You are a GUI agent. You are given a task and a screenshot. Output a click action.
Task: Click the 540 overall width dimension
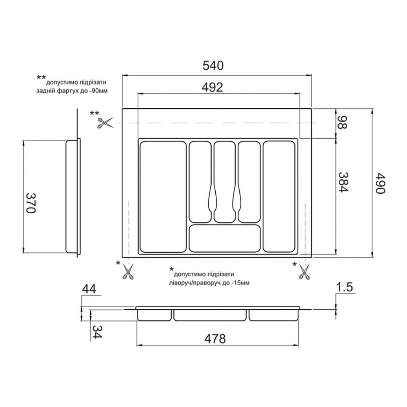(213, 66)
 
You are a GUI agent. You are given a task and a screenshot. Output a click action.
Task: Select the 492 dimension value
(212, 88)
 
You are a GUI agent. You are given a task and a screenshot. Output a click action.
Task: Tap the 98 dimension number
(342, 123)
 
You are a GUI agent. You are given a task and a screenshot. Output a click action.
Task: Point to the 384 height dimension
(343, 182)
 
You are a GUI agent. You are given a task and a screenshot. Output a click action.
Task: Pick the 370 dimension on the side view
(31, 203)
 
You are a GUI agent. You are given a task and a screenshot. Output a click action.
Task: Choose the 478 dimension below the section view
(215, 339)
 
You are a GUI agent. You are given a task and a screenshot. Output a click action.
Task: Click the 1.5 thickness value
(344, 287)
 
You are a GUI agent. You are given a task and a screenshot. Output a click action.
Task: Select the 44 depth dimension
(89, 289)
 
